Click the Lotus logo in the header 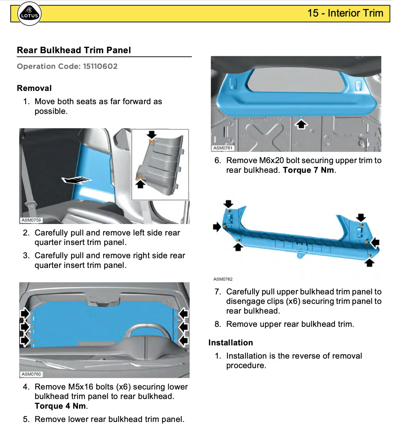29,14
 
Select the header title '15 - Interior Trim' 345,13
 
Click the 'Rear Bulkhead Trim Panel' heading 74,50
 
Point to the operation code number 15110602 100,66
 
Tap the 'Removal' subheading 34,88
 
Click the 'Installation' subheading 231,342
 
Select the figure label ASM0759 31,220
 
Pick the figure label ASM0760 31,374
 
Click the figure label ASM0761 223,148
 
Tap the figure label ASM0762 223,279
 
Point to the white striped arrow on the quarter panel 76,180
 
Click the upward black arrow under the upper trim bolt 301,124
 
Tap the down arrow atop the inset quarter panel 152,134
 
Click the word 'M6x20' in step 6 271,160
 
